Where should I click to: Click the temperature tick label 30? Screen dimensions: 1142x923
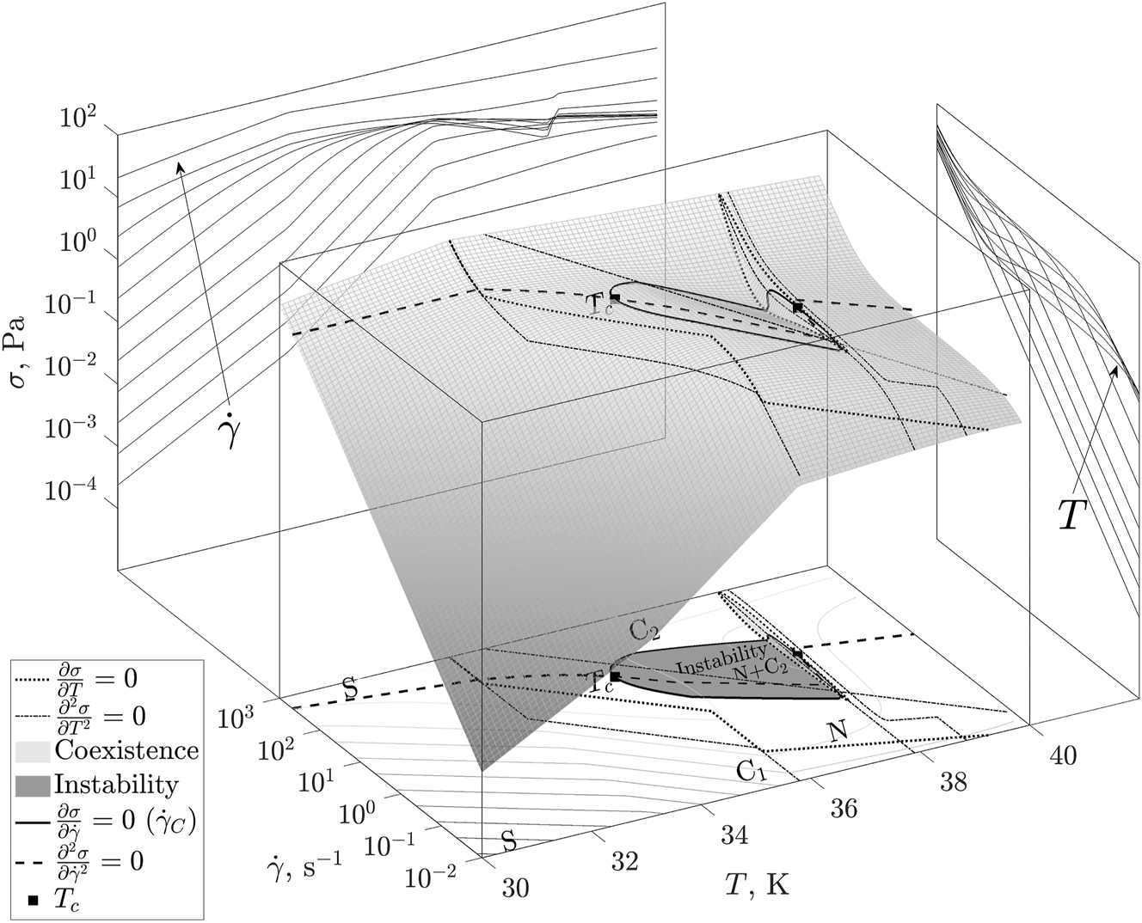515,888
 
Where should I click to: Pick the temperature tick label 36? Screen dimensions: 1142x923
844,809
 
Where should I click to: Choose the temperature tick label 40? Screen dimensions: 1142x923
1062,756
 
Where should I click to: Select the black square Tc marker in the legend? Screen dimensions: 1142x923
34,901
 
